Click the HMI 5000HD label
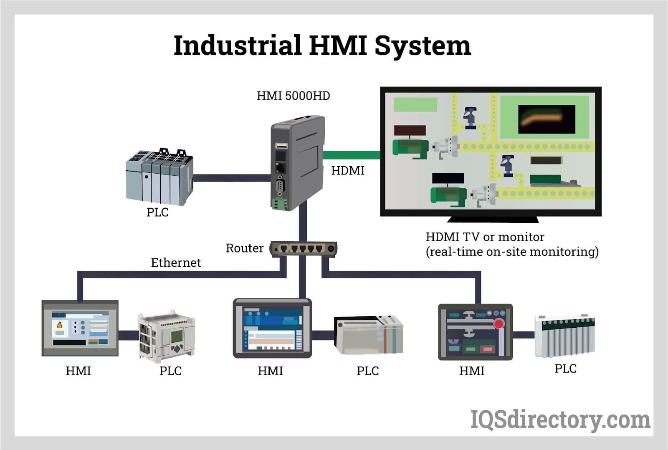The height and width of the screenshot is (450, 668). coord(293,96)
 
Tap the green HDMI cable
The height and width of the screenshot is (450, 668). coord(352,155)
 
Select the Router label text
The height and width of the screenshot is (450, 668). coord(244,248)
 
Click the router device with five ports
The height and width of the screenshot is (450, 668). coord(304,249)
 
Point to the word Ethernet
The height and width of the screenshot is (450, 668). coord(176,263)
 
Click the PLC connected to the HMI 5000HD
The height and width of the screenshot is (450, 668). coord(159,177)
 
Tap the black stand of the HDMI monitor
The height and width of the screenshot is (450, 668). coord(493,219)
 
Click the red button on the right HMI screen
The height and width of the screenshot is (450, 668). coord(499,324)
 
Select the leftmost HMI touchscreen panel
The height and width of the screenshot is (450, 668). coord(80,328)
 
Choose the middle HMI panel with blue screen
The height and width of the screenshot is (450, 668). coord(272,328)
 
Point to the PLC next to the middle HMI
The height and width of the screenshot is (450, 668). coord(368,335)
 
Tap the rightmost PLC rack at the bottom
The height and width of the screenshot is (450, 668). coord(564,336)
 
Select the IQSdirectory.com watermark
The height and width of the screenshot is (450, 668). coord(560,420)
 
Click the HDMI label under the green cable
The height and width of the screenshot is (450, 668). coord(348,171)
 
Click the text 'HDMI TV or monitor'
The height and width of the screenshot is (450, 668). coord(485,237)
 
